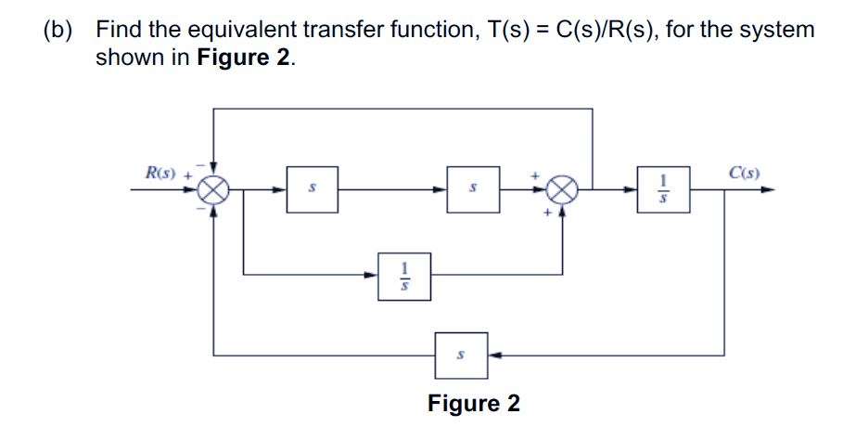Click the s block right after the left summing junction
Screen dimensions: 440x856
pos(312,189)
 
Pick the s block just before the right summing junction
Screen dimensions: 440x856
pos(473,189)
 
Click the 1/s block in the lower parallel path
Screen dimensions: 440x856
pos(403,275)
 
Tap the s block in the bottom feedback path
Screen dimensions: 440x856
pos(462,355)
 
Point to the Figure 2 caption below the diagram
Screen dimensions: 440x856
pos(473,404)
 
